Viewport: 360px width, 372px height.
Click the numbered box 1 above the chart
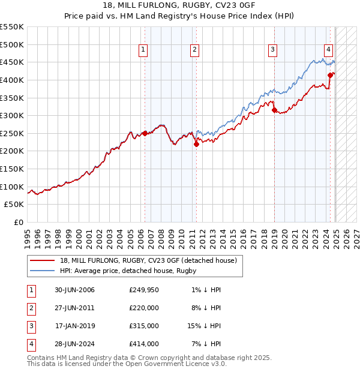click(x=144, y=50)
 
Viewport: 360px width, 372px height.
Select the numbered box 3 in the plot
click(x=272, y=50)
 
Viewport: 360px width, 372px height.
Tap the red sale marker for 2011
click(x=196, y=144)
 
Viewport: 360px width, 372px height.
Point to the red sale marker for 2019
click(x=274, y=110)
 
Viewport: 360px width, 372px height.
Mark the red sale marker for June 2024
click(x=330, y=75)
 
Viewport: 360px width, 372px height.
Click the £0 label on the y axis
click(x=18, y=222)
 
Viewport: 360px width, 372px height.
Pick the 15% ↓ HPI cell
click(x=204, y=326)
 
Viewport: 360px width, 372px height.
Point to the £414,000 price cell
click(x=144, y=344)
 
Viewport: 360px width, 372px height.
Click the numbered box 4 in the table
click(x=31, y=344)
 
